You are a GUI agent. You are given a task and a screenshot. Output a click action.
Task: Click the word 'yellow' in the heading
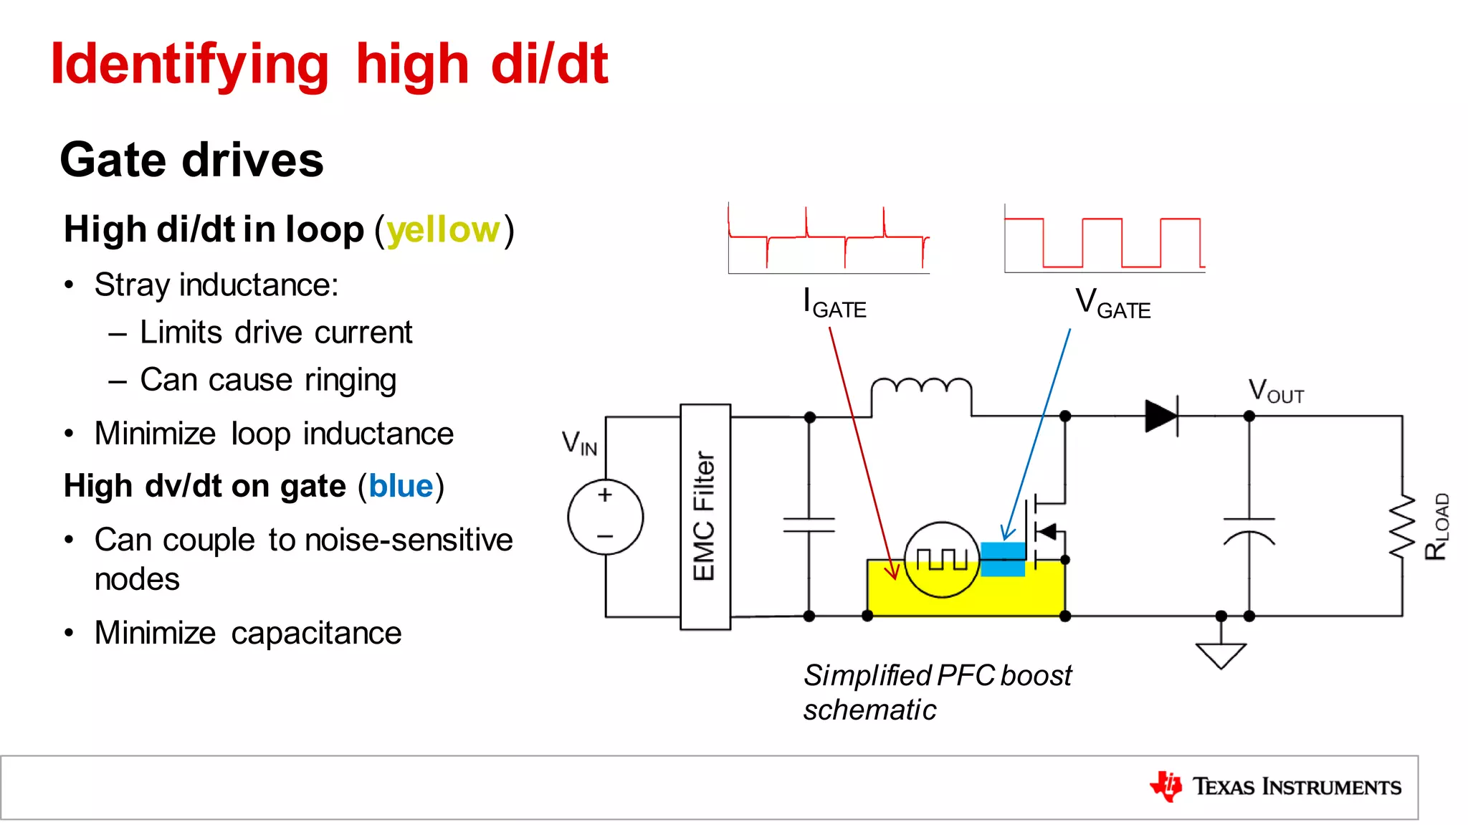pyautogui.click(x=443, y=230)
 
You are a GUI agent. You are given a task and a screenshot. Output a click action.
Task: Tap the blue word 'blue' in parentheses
pyautogui.click(x=401, y=486)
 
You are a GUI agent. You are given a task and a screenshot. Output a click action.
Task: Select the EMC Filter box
pyautogui.click(x=705, y=517)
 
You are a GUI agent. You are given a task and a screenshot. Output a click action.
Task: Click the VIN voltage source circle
pyautogui.click(x=605, y=517)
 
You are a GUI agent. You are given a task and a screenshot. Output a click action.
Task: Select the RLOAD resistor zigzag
pyautogui.click(x=1402, y=527)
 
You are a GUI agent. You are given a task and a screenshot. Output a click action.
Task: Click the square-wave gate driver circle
pyautogui.click(x=941, y=559)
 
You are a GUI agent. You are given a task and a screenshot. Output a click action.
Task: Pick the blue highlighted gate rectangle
pyautogui.click(x=1003, y=559)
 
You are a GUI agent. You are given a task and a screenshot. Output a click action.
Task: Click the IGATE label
pyautogui.click(x=834, y=303)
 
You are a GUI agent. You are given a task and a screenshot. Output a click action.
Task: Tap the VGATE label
pyautogui.click(x=1112, y=303)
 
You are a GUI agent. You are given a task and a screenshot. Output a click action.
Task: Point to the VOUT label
pyautogui.click(x=1275, y=392)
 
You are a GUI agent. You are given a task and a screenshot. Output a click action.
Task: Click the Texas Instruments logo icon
pyautogui.click(x=1166, y=786)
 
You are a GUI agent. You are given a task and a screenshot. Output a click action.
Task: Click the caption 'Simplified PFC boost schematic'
pyautogui.click(x=936, y=692)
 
